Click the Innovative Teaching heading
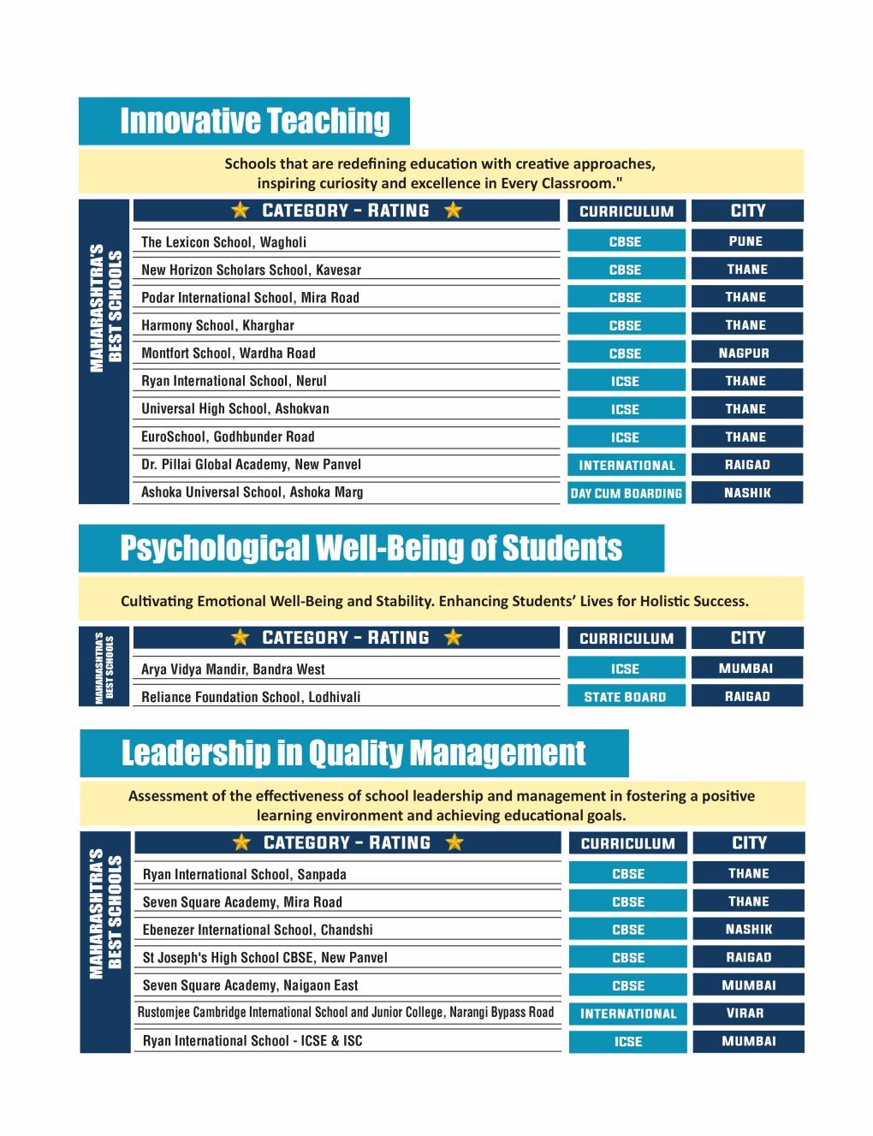pos(254,121)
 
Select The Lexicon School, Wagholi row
pos(224,242)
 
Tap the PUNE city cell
pos(746,241)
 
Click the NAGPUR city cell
pos(746,353)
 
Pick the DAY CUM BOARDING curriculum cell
pos(627,493)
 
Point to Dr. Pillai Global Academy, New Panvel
pos(252,465)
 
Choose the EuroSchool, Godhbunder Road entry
pos(229,437)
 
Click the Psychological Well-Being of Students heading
pos(371,548)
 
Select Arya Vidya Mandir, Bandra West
pos(234,669)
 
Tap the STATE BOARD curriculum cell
pos(626,697)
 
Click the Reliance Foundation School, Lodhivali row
pos(251,697)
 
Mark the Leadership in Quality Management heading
pos(353,753)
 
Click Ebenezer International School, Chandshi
pos(258,930)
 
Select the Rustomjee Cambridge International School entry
pos(346,1013)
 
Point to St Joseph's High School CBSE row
pos(265,958)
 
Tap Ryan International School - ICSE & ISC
pos(252,1041)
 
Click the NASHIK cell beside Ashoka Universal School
pos(746,492)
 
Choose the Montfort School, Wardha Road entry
pos(229,354)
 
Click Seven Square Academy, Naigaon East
pos(251,985)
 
